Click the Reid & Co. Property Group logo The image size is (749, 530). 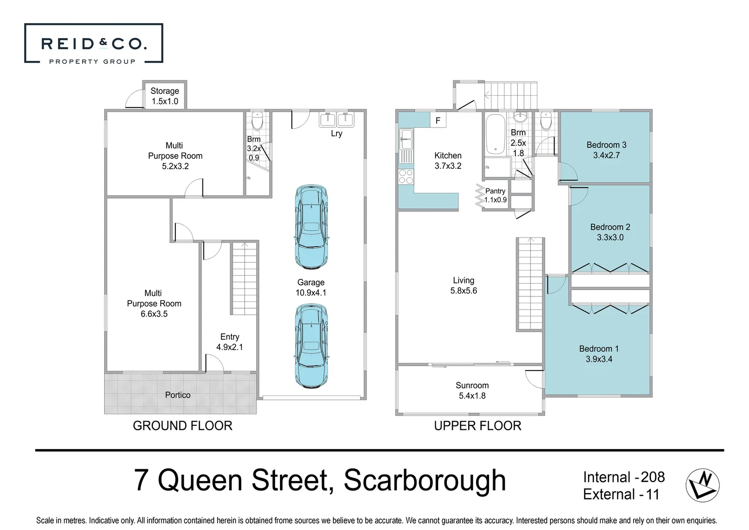click(x=93, y=44)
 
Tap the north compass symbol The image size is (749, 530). click(x=702, y=485)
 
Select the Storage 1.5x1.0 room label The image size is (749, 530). click(x=165, y=96)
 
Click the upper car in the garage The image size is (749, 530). click(x=311, y=227)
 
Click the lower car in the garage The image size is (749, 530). click(x=311, y=346)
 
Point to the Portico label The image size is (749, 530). click(x=177, y=395)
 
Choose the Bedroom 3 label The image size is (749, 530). click(x=606, y=145)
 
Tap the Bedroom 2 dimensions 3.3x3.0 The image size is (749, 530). click(x=610, y=238)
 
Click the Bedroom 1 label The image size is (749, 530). click(x=599, y=349)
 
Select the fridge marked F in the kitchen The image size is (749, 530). click(x=438, y=120)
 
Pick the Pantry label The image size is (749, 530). click(x=495, y=191)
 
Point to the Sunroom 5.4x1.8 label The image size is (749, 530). click(x=472, y=391)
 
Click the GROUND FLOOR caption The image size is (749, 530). click(x=182, y=425)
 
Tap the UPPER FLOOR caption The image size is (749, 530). click(x=477, y=425)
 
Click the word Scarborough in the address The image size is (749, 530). click(x=424, y=480)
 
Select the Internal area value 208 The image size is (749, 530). click(x=653, y=477)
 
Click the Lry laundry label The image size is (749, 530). click(x=336, y=133)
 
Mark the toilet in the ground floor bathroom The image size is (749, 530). click(x=257, y=120)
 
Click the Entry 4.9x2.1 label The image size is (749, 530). click(x=229, y=342)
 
